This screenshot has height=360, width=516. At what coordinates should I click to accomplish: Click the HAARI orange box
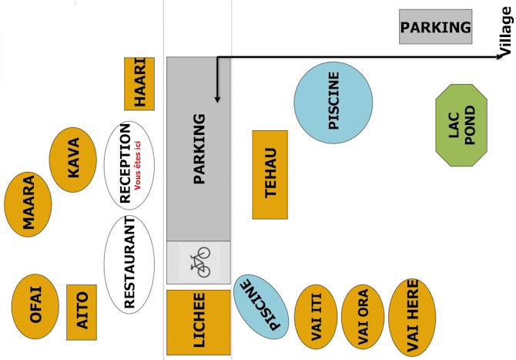(x=139, y=83)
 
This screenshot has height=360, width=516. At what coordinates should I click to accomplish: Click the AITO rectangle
(x=82, y=311)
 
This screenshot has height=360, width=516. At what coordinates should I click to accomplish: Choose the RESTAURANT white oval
(x=128, y=264)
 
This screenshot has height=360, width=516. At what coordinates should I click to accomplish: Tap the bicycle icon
(x=199, y=261)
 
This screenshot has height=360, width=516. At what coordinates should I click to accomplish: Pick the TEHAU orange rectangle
(x=270, y=174)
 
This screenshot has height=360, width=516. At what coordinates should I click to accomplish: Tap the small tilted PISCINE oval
(x=260, y=307)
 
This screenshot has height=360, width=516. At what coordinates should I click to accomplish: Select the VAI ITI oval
(x=315, y=318)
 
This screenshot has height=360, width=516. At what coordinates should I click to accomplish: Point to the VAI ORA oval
(x=362, y=317)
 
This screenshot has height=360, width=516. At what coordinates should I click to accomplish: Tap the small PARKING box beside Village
(x=435, y=28)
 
